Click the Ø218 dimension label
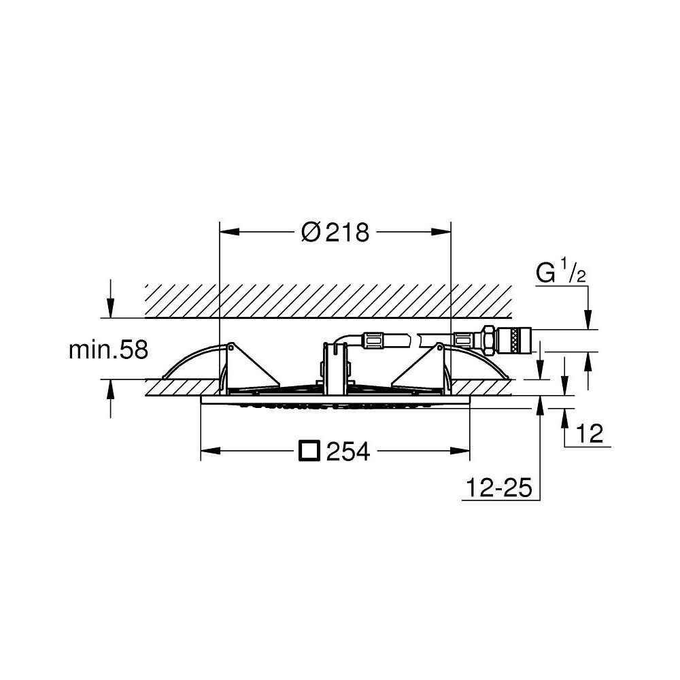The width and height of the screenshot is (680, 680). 335,232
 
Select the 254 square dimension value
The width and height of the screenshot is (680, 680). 347,451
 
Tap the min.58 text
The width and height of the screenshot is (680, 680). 108,350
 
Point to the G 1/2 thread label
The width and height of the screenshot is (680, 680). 562,271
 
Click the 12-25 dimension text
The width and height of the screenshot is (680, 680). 498,488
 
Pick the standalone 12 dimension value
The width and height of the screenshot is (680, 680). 590,434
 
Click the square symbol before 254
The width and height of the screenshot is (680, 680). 309,451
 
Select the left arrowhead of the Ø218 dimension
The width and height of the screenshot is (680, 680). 230,232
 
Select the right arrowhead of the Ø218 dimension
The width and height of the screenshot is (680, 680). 441,232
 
